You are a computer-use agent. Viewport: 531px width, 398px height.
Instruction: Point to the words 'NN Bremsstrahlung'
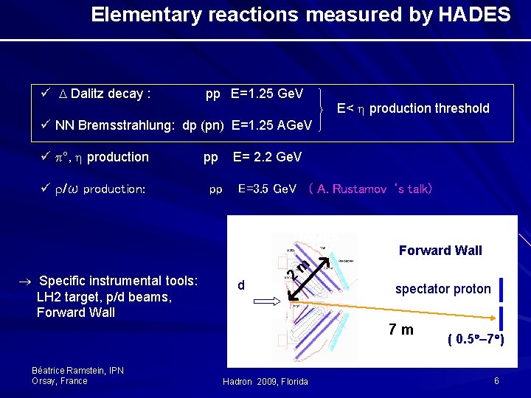point(114,125)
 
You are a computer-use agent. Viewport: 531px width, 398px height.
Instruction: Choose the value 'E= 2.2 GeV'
point(267,157)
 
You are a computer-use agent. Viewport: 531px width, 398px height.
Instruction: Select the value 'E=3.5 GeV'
point(267,189)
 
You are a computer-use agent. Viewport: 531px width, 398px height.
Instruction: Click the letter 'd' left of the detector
point(241,285)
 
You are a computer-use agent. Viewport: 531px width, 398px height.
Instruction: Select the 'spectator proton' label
point(442,289)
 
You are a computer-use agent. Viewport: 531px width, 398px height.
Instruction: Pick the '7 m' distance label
point(401,329)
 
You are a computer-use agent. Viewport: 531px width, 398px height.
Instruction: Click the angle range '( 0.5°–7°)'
point(476,340)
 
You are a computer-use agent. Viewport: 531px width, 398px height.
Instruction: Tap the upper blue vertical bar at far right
point(502,289)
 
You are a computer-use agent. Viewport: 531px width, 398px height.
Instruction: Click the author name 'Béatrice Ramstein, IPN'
point(77,370)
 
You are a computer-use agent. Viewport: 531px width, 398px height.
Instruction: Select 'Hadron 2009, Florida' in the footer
point(265,381)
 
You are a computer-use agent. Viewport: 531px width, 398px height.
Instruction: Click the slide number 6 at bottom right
point(497,380)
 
